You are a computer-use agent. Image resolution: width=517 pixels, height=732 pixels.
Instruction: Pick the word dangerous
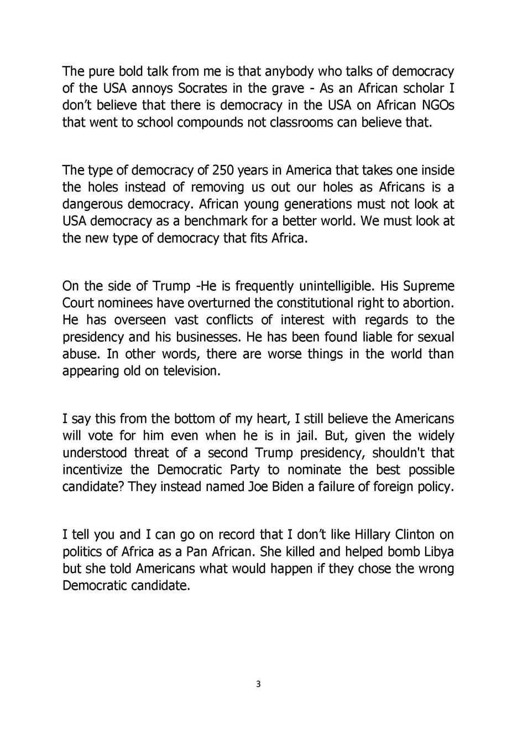[93, 204]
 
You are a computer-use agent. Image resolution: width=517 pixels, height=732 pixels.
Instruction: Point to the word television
[191, 371]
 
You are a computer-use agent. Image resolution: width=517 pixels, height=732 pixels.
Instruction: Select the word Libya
[438, 552]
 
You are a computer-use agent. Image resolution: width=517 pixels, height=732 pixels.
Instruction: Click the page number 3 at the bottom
[258, 684]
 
